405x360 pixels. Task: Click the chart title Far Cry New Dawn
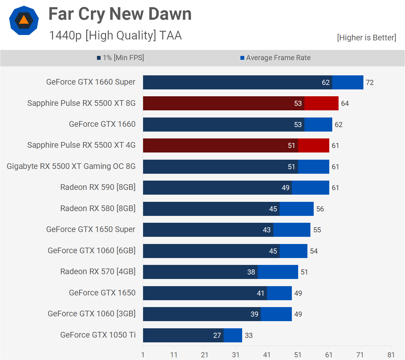[120, 14]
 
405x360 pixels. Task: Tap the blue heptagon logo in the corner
[24, 20]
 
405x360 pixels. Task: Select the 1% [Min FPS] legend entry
[120, 58]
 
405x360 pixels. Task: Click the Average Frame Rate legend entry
[275, 58]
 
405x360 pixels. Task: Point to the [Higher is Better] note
[366, 38]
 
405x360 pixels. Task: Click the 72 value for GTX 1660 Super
[370, 83]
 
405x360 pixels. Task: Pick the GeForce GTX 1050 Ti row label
[98, 335]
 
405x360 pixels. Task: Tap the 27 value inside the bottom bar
[217, 335]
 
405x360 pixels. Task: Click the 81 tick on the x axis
[391, 355]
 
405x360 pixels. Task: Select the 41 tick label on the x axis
[267, 355]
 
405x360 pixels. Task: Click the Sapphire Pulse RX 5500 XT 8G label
[81, 103]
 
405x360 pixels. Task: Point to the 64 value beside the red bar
[345, 103]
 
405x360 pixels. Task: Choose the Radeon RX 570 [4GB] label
[98, 271]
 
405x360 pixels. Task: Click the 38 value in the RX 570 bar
[251, 272]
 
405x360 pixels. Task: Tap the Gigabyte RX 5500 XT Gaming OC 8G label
[71, 166]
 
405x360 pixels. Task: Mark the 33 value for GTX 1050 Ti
[249, 335]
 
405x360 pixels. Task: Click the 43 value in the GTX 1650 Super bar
[267, 230]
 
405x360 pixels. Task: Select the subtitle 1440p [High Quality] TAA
[115, 35]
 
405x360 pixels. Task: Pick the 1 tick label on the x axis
[143, 355]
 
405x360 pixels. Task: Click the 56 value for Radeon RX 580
[320, 209]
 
